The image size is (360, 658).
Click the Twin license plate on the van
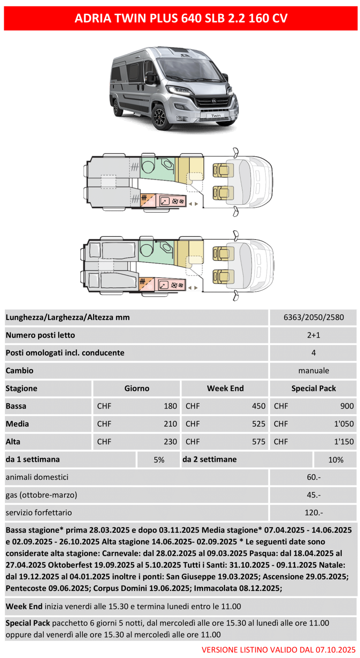[216, 116]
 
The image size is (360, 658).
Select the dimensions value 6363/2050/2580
[313, 317]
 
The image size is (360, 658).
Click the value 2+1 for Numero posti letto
[313, 335]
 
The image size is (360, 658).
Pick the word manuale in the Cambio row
[313, 371]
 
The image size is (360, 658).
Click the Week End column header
[225, 388]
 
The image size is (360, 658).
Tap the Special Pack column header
[313, 388]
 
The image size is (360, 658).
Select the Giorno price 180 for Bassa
[170, 406]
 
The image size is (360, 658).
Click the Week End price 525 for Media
[258, 424]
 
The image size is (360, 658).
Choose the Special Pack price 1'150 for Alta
[343, 442]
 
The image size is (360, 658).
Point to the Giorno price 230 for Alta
[170, 442]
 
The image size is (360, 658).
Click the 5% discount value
[159, 460]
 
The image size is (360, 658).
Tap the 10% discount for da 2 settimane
[335, 460]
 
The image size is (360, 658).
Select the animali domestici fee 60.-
[313, 477]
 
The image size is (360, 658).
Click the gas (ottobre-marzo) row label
[41, 495]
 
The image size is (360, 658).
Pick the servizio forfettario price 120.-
[313, 513]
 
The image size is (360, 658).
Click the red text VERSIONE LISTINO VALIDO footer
[278, 650]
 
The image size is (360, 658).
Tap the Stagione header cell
[22, 388]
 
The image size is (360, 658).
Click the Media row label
[17, 424]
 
